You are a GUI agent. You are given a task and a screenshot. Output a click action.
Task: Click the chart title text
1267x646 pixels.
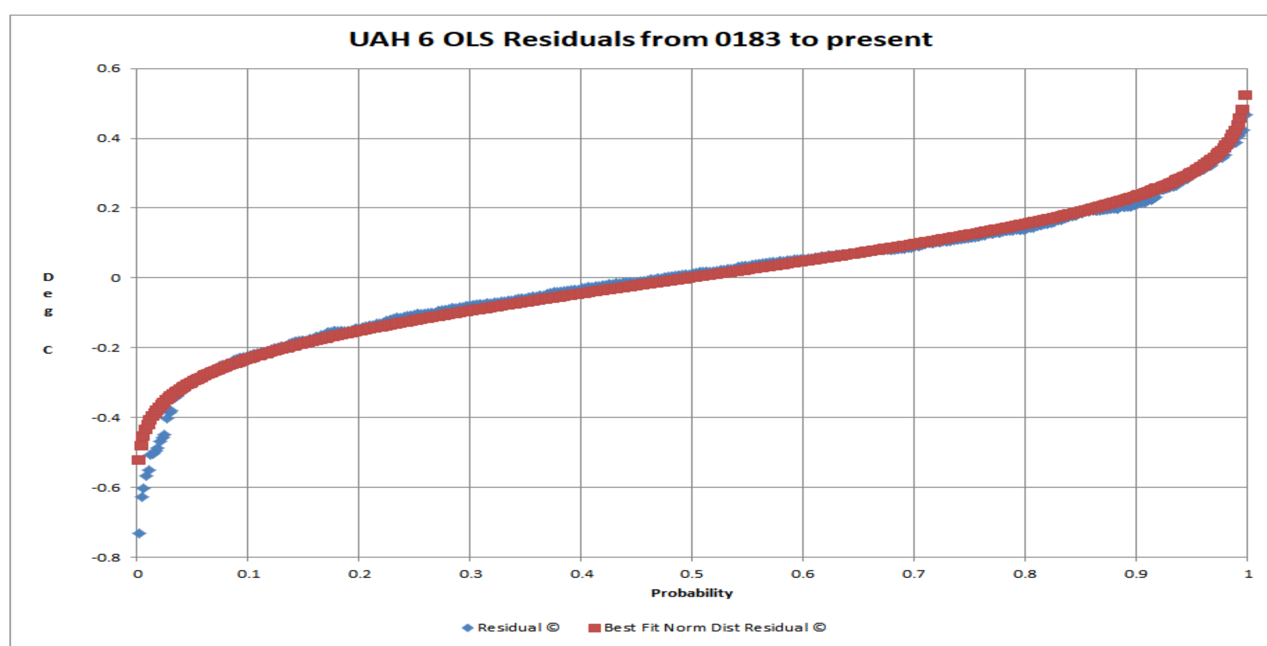[640, 39]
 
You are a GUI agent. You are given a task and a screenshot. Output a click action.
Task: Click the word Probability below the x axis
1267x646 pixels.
[692, 593]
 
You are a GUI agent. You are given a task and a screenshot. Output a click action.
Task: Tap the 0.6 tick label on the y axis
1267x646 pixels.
[109, 68]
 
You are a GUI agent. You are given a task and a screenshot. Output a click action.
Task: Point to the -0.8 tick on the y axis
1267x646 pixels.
[106, 558]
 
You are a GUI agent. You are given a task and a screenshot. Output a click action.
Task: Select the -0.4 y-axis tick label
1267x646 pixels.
[106, 417]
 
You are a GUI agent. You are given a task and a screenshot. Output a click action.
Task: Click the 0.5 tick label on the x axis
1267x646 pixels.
[692, 574]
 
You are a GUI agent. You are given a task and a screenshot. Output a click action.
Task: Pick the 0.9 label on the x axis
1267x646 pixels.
[1136, 574]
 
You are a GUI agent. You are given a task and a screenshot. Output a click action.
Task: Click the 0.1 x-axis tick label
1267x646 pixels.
[248, 574]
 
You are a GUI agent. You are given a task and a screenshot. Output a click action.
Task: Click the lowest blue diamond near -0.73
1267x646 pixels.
[139, 534]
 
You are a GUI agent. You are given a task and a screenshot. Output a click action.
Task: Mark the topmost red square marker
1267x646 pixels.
[1245, 95]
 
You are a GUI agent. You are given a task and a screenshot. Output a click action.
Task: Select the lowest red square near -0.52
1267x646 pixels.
[138, 460]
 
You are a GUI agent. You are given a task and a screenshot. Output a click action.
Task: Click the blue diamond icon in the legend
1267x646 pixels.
[468, 628]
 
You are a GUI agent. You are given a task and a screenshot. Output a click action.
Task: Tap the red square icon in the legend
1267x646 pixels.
[595, 628]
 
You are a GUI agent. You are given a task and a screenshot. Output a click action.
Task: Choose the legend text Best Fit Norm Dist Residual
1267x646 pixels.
[715, 628]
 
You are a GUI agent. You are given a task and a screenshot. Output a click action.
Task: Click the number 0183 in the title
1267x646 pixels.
[747, 39]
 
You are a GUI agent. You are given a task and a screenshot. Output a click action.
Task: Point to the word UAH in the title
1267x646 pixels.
[379, 39]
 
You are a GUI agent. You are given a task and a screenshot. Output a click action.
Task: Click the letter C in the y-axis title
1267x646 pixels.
[48, 350]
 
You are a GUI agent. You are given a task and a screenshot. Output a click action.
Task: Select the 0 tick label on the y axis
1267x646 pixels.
[115, 278]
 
